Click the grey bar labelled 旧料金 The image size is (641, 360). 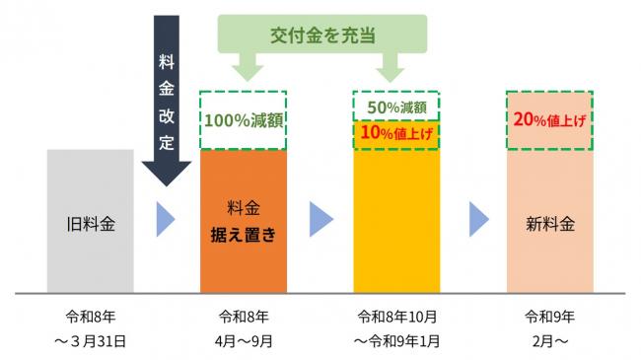click(90, 222)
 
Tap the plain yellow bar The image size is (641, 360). click(395, 222)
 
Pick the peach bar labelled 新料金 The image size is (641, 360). click(549, 222)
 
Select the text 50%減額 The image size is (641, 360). click(395, 105)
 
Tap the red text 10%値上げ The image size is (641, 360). click(395, 133)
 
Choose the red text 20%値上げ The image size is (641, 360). click(549, 119)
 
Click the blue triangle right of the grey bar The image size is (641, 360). click(166, 222)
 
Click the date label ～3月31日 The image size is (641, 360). click(91, 340)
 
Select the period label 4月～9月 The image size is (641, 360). click(243, 340)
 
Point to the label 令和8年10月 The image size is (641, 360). click(395, 317)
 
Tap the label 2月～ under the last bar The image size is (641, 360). click(549, 340)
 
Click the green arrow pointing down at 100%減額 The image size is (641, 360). click(243, 69)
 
